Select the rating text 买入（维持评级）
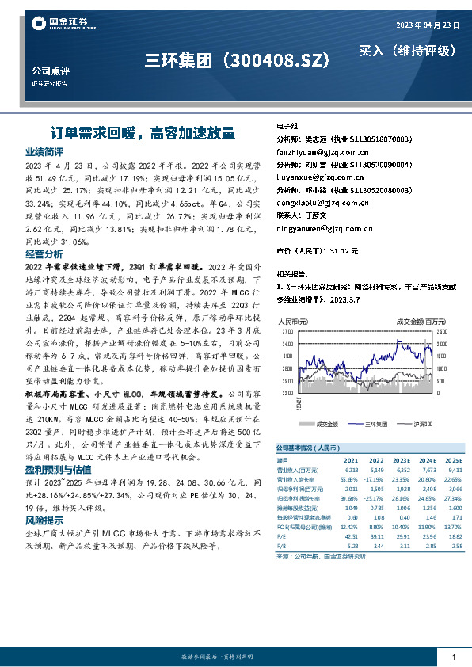[407, 51]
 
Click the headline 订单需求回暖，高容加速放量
[139, 131]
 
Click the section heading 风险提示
[44, 520]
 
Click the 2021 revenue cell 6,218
[350, 470]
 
